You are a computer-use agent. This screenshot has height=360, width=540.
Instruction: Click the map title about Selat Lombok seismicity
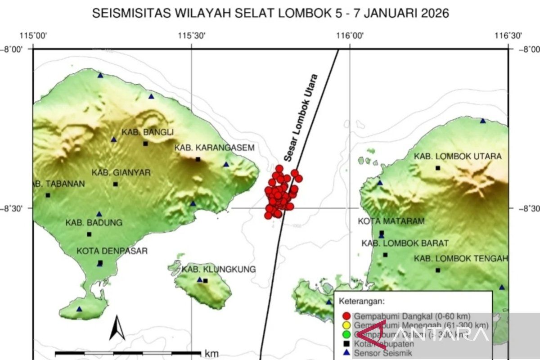(x=270, y=13)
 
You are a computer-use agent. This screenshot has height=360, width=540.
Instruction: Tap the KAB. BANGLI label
(x=147, y=132)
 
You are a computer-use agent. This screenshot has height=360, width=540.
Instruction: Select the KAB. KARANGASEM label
(x=215, y=148)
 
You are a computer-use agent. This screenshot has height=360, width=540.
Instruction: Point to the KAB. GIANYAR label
(x=121, y=173)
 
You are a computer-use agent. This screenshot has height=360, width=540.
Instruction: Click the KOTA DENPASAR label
(x=112, y=251)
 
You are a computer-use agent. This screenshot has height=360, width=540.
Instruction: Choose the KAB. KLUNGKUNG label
(x=219, y=270)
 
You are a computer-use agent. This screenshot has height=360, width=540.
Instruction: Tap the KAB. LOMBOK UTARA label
(x=458, y=157)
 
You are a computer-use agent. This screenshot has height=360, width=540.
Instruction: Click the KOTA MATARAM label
(x=385, y=221)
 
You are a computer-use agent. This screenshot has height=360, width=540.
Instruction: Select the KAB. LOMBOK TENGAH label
(x=461, y=258)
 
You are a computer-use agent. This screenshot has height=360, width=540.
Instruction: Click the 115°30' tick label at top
(x=192, y=36)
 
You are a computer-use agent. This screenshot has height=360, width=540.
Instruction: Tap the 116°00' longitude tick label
(x=350, y=36)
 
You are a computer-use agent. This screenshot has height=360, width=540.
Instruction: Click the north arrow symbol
(x=117, y=328)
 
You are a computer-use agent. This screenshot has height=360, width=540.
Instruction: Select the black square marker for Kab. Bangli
(x=145, y=144)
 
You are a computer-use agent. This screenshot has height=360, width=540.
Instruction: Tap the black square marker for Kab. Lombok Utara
(x=437, y=168)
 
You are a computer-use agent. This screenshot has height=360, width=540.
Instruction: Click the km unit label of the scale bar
(x=211, y=353)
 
